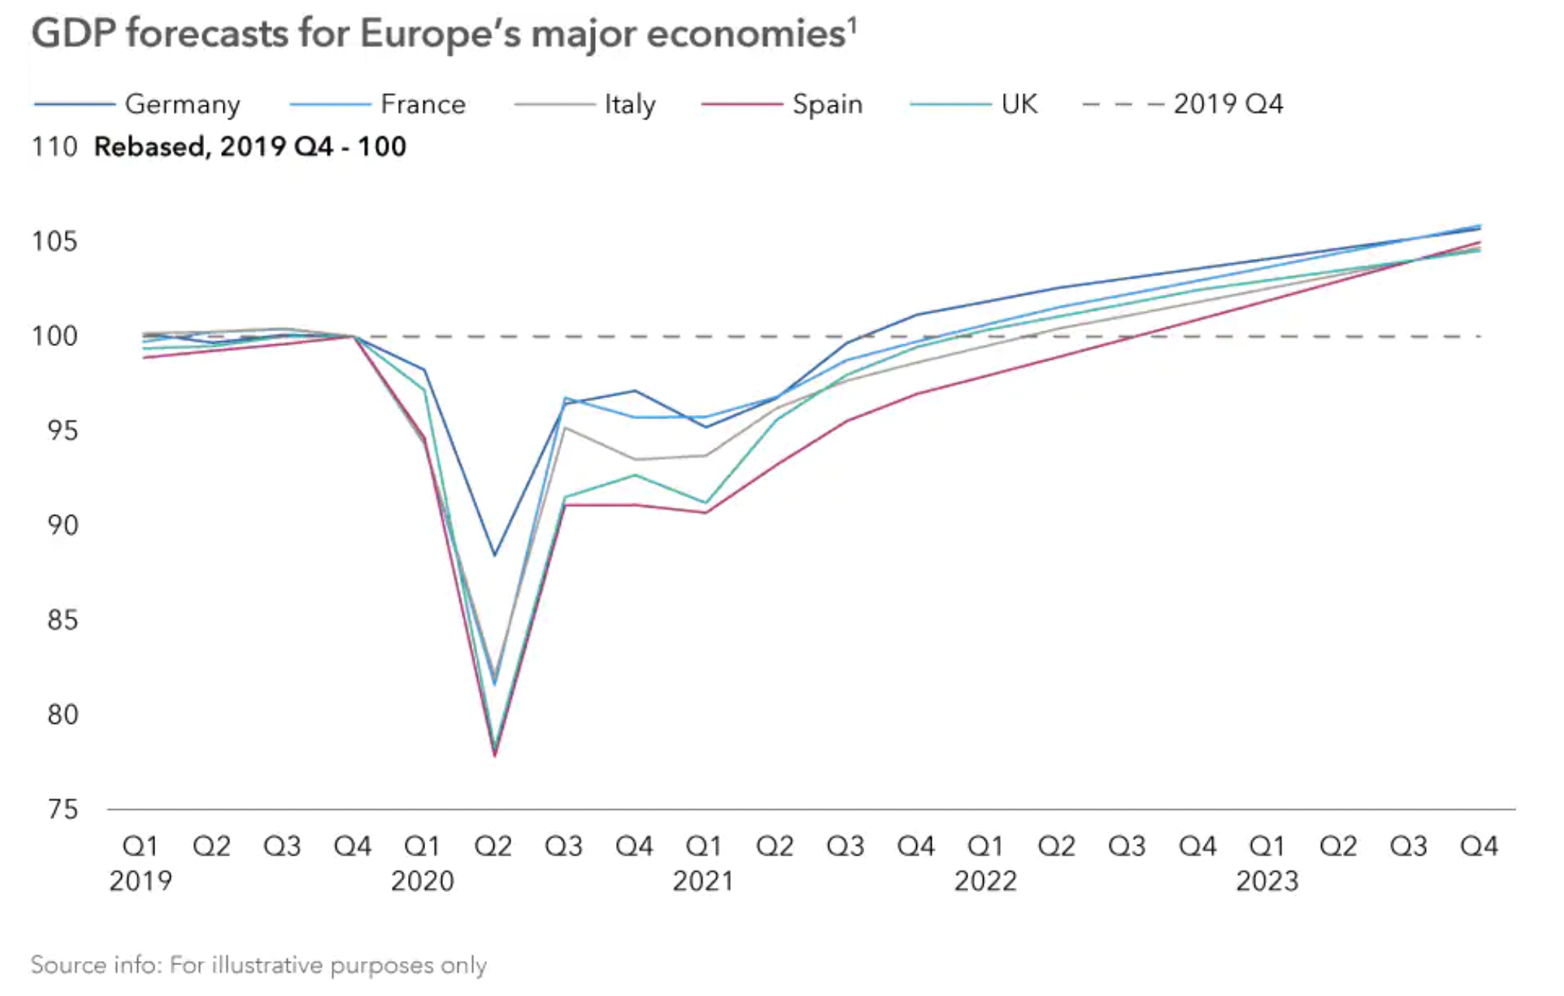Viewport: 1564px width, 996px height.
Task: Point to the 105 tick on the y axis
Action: coord(55,242)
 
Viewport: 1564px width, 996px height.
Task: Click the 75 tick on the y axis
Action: coord(63,810)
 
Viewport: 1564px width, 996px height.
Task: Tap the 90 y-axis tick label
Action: coord(63,526)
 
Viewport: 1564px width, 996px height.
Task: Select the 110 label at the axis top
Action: coord(55,147)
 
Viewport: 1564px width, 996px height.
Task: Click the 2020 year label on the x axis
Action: coord(422,881)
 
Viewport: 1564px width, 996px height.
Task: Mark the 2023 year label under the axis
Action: coord(1267,881)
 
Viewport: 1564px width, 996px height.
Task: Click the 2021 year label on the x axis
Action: coord(703,881)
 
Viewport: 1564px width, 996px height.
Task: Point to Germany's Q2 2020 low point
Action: coord(494,555)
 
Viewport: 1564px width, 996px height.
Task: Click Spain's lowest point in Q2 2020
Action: coord(494,755)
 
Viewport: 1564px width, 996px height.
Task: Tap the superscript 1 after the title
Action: coord(853,25)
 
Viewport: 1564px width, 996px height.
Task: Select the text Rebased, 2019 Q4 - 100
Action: coord(250,147)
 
